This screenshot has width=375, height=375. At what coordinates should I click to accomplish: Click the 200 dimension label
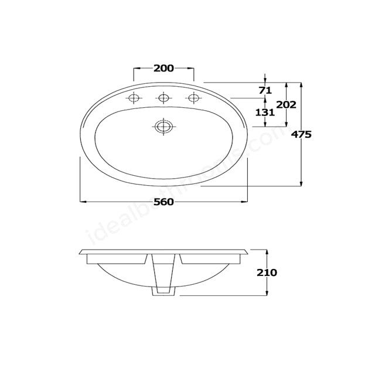[x=163, y=68]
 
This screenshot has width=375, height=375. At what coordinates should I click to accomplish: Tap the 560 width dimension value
[x=163, y=202]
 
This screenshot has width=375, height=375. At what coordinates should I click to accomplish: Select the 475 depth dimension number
[x=301, y=134]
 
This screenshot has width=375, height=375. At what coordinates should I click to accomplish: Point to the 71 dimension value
[x=265, y=90]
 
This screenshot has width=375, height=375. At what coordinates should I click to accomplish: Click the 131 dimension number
[x=265, y=112]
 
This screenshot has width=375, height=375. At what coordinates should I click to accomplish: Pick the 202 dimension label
[x=286, y=105]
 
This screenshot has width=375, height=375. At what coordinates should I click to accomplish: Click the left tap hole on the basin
[x=134, y=98]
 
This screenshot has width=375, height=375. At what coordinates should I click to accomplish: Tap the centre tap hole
[x=163, y=98]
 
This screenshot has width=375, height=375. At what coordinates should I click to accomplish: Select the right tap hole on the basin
[x=193, y=98]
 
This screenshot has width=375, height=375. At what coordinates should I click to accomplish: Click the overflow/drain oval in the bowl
[x=163, y=126]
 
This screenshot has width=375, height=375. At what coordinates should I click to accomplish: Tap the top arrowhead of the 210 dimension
[x=267, y=251]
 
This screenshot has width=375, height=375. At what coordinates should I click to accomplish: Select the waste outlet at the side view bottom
[x=163, y=291]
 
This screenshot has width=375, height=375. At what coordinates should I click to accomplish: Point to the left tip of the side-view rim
[x=80, y=253]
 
